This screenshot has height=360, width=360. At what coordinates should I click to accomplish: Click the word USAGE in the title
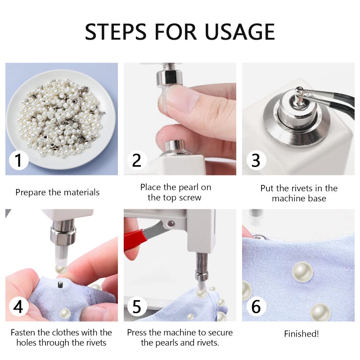[239, 31]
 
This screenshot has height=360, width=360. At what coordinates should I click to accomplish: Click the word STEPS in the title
[117, 31]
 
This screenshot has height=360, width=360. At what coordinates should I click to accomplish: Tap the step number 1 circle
[18, 160]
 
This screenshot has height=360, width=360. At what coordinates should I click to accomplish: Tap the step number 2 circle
[137, 160]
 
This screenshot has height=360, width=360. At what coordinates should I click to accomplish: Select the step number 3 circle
[256, 160]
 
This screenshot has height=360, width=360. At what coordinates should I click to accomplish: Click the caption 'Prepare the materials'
[58, 193]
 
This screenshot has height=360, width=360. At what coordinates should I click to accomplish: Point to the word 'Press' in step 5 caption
[138, 333]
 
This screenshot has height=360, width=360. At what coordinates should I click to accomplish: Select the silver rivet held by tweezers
[298, 93]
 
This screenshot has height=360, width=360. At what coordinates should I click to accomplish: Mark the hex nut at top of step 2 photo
[172, 76]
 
